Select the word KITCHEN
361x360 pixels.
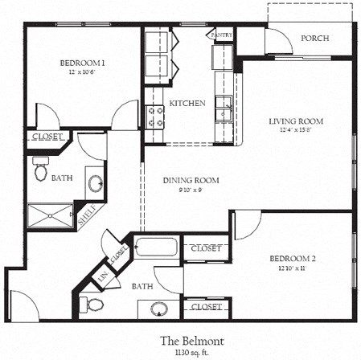pyautogui.click(x=187, y=104)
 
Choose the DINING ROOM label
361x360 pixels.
pyautogui.click(x=191, y=180)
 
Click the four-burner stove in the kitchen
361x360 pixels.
pyautogui.click(x=155, y=117)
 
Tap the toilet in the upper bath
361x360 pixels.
pyautogui.click(x=41, y=170)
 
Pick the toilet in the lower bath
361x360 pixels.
pyautogui.click(x=95, y=305)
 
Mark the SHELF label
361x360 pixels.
pyautogui.click(x=85, y=215)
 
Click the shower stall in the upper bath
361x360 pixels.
pyautogui.click(x=49, y=215)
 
